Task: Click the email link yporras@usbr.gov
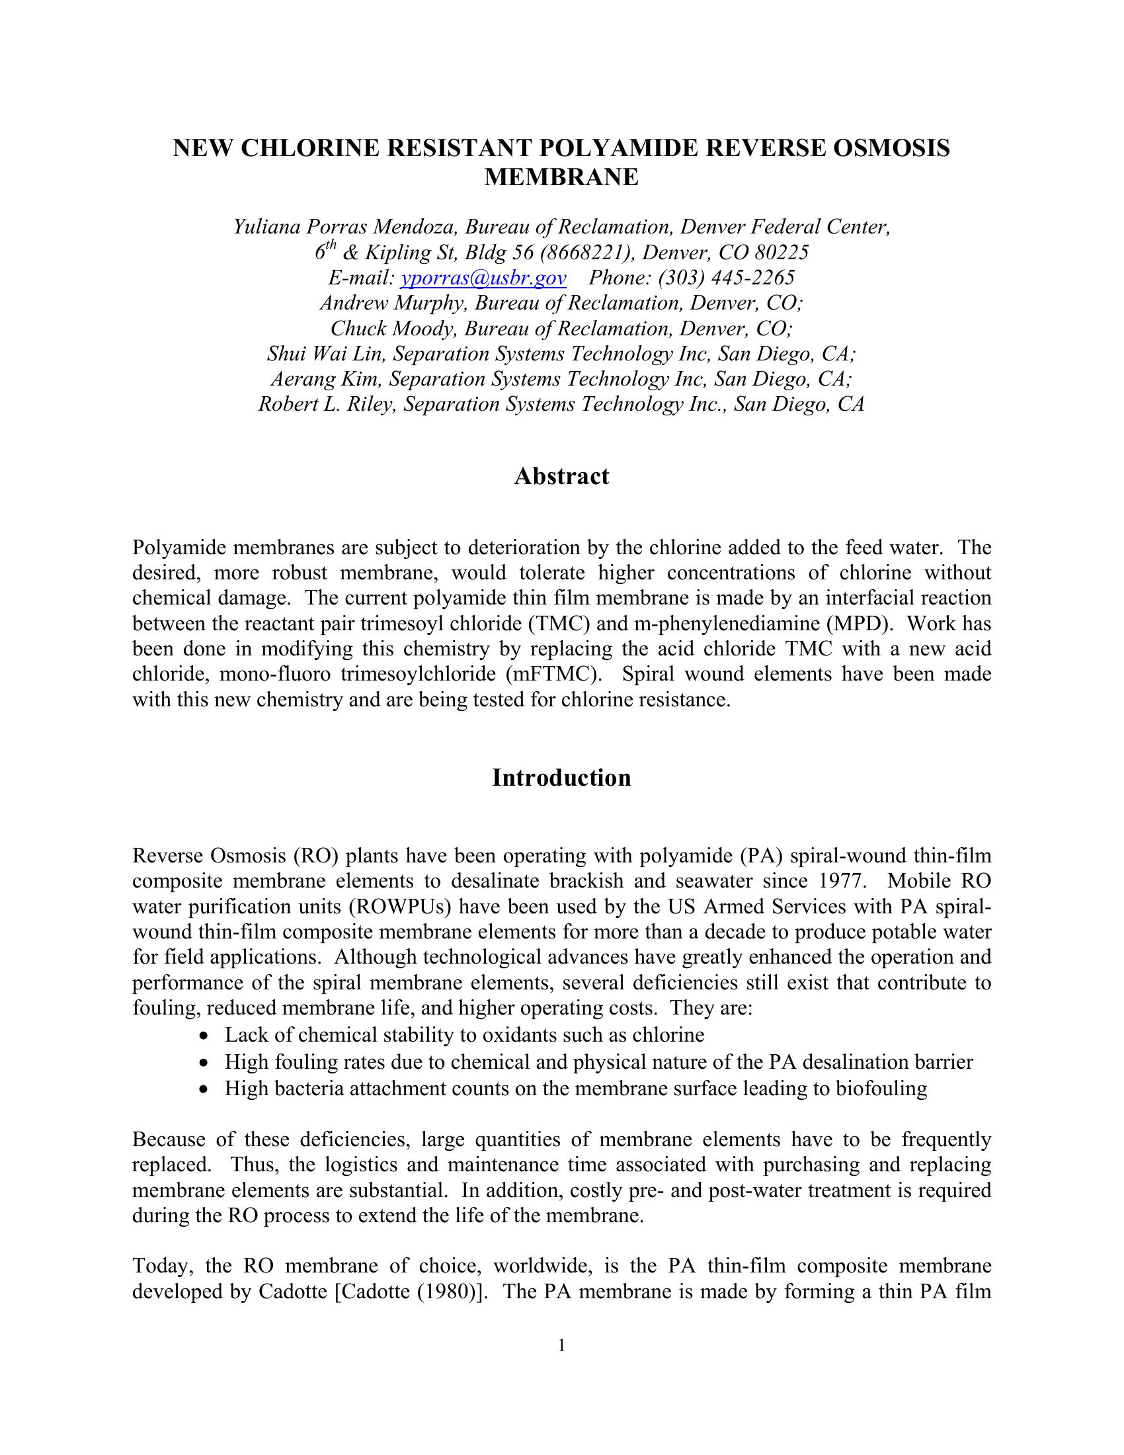point(483,278)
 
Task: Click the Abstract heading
point(561,476)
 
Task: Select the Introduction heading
point(561,778)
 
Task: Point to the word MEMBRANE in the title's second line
point(561,177)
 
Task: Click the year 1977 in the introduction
point(845,881)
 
